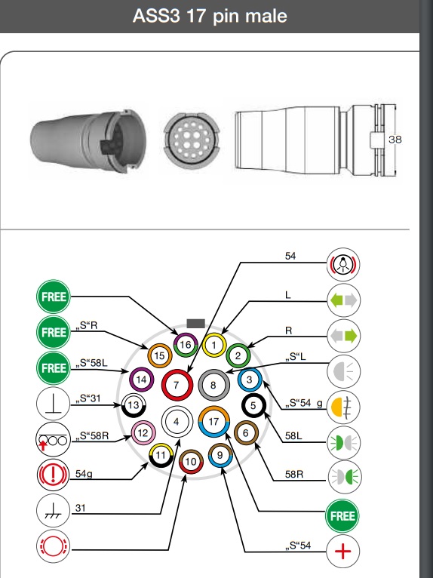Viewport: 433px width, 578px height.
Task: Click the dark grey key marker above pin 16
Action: point(195,324)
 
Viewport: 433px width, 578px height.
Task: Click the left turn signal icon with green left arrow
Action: point(343,300)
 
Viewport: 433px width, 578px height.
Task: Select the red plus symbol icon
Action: point(342,552)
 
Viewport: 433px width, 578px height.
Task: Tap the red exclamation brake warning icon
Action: point(53,475)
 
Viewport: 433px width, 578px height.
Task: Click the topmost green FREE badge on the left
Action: point(54,297)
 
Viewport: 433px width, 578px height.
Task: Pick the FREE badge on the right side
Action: point(342,515)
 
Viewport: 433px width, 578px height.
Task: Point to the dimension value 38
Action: point(395,140)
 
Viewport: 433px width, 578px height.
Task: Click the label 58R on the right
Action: point(294,474)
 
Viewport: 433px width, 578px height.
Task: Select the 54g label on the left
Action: point(84,474)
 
